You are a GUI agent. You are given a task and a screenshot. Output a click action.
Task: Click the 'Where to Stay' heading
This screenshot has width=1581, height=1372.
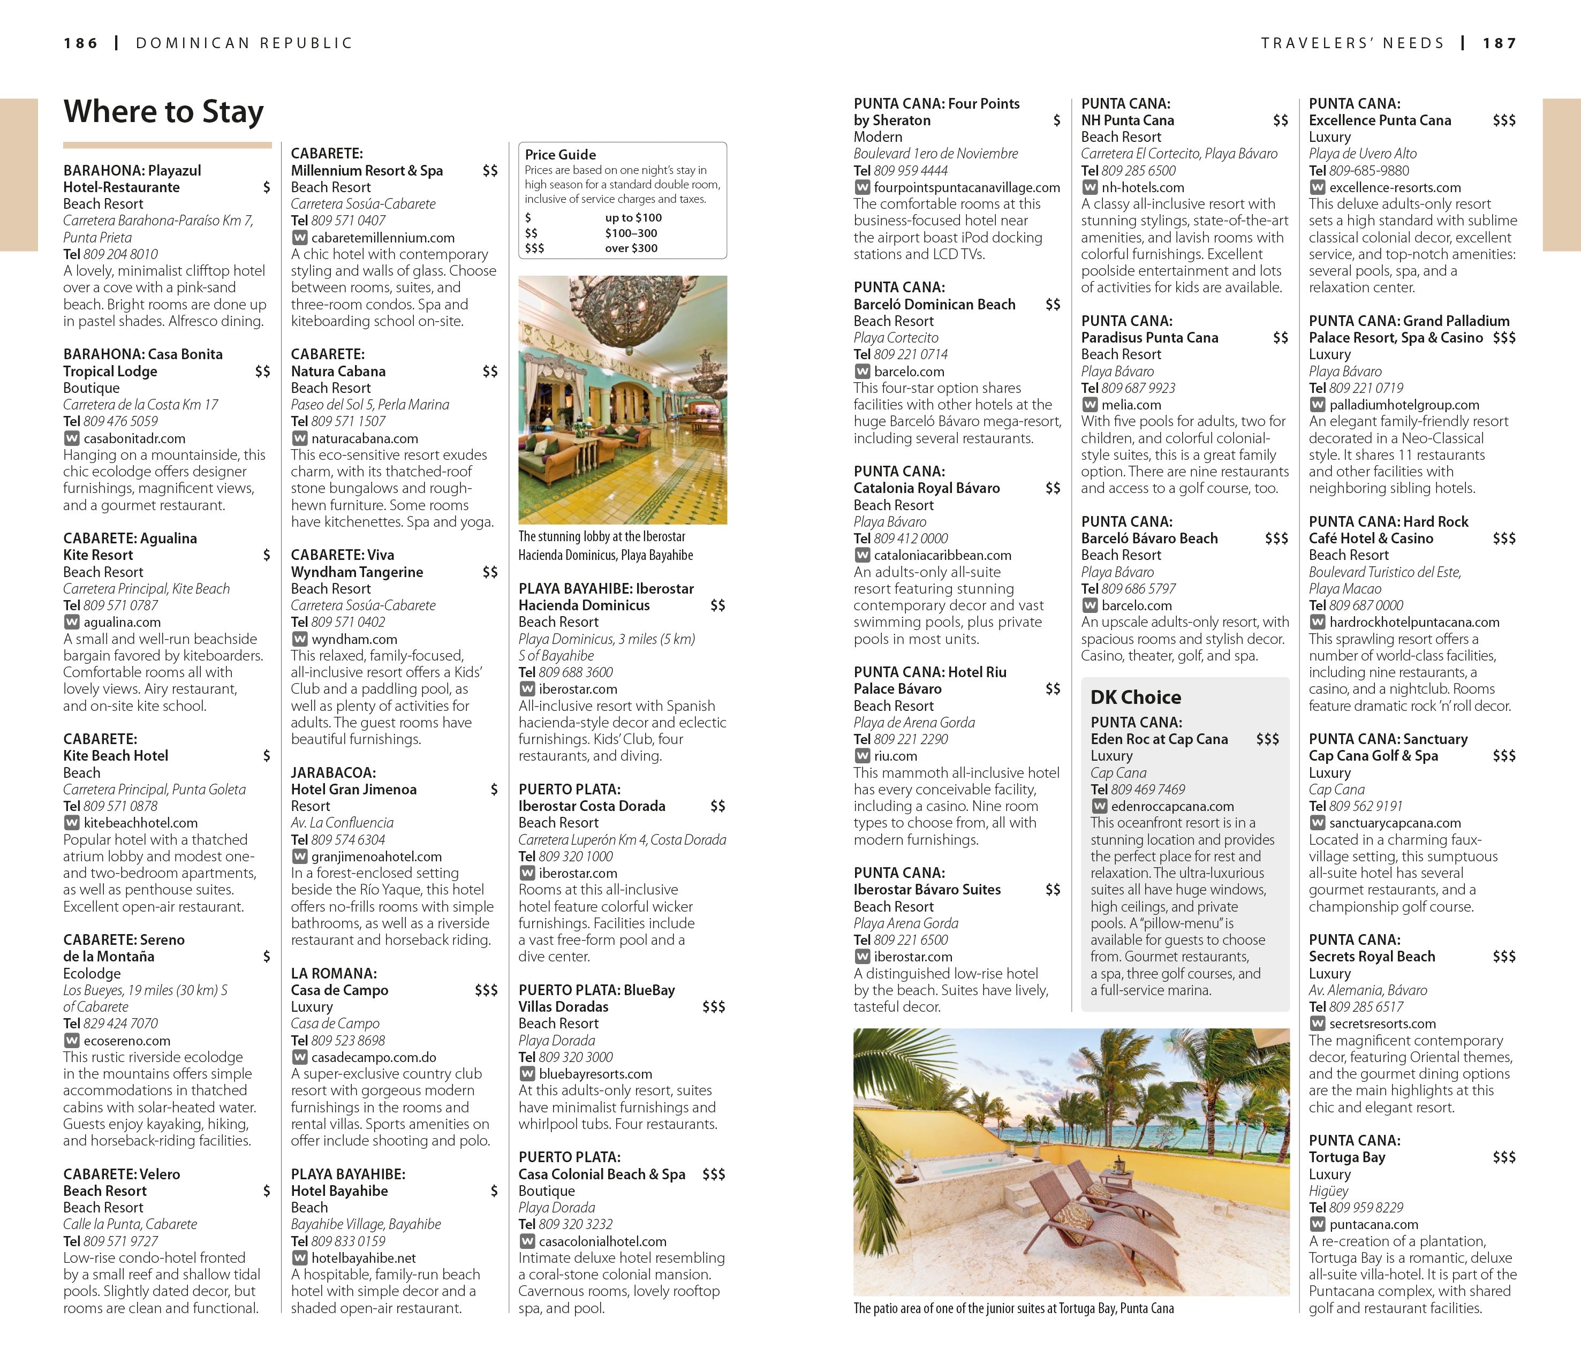point(163,112)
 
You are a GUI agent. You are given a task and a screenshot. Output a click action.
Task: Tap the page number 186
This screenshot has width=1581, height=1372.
point(81,44)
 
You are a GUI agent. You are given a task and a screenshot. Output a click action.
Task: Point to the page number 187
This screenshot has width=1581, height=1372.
point(1499,44)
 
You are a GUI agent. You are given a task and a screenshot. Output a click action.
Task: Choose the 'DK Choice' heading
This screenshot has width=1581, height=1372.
point(1136,698)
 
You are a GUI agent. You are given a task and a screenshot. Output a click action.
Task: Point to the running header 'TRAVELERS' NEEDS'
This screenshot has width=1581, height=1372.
point(1352,44)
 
